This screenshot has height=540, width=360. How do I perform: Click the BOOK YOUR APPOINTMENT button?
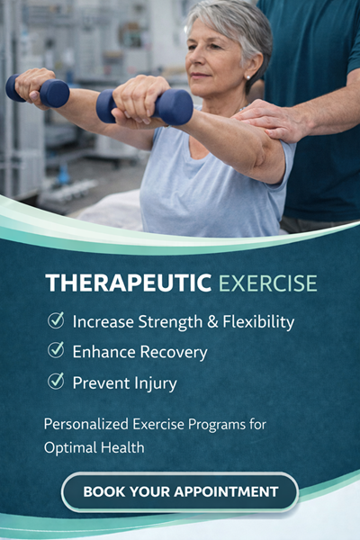tap(180, 491)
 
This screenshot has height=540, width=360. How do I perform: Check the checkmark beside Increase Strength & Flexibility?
tap(56, 320)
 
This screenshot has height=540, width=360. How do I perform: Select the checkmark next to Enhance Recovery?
tap(56, 351)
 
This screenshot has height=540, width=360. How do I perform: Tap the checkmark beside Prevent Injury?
tap(56, 382)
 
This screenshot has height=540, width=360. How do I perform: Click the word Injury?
tap(152, 383)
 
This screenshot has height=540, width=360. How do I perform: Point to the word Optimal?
tap(70, 446)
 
